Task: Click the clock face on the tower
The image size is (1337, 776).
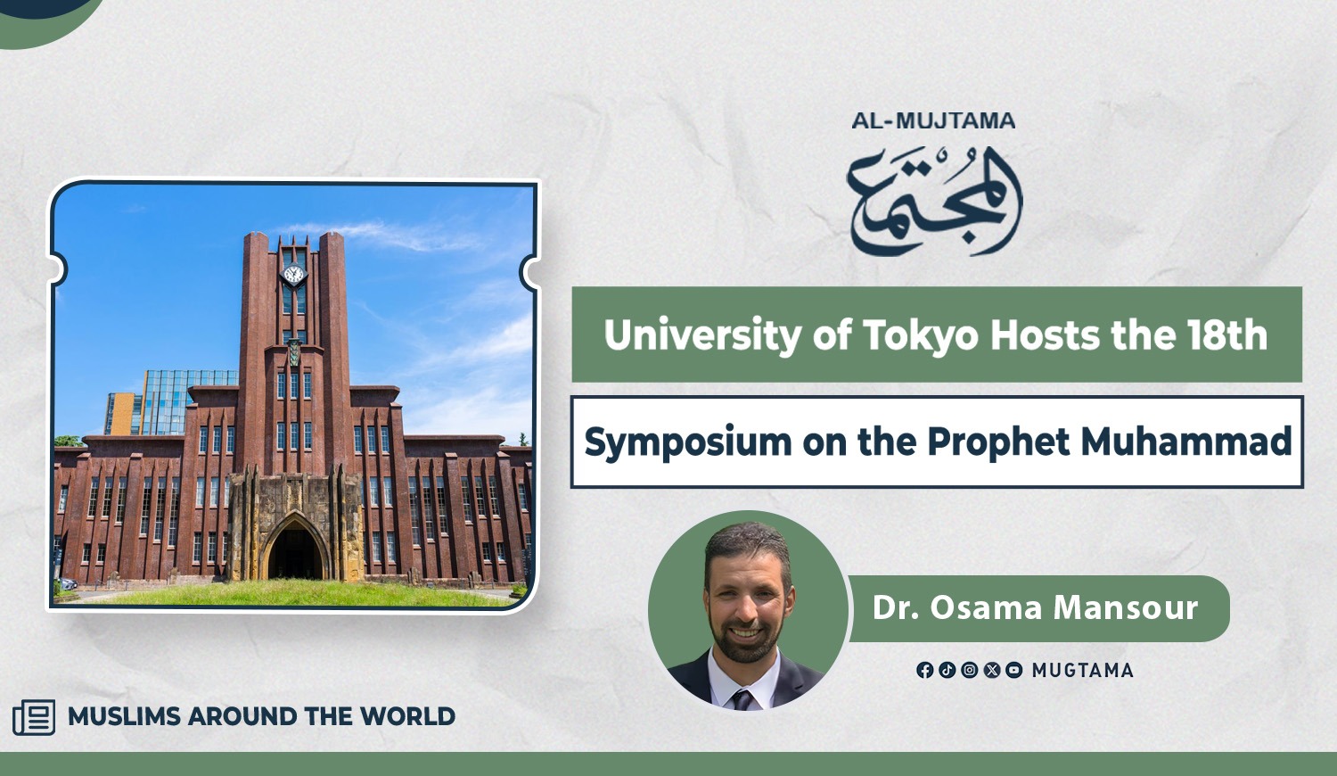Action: click(x=293, y=274)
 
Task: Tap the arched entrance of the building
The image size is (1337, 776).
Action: click(x=295, y=549)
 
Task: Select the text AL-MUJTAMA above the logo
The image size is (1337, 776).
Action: click(x=933, y=121)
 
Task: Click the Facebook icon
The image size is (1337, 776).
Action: click(x=924, y=670)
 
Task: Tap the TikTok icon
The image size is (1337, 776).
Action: click(x=947, y=670)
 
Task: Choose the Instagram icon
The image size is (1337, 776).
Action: click(x=970, y=670)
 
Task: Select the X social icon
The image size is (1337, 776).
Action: click(x=991, y=670)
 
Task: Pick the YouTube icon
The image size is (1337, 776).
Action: click(x=1013, y=670)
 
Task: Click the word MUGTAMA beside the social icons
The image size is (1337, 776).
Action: click(x=1083, y=671)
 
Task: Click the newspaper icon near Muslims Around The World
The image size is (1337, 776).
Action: click(x=34, y=717)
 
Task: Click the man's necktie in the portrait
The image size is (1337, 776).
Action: click(x=743, y=699)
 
